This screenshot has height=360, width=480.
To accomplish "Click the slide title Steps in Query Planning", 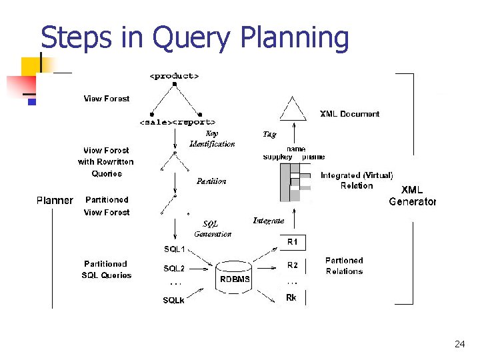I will tap(195, 38).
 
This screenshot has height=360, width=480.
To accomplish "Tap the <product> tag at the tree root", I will tap(174, 75).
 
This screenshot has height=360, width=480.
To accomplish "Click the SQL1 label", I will tap(175, 249).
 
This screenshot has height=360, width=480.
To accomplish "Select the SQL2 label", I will tap(174, 269).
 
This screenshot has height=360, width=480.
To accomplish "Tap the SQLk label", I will tap(174, 301).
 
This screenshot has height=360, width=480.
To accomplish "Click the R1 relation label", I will tap(293, 241).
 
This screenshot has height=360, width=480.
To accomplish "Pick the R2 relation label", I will tap(293, 265).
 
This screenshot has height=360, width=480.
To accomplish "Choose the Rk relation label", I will tap(291, 298).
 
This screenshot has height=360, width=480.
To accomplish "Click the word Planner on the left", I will tap(55, 200).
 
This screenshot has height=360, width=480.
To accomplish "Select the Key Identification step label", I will tap(212, 139).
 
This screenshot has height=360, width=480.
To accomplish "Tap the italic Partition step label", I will tap(211, 181).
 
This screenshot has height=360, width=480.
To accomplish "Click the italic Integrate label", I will tap(269, 221).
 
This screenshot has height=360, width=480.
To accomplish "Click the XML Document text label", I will tap(349, 114).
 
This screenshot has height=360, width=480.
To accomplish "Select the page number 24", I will tap(459, 344).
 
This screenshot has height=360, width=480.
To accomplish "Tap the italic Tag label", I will tap(269, 135).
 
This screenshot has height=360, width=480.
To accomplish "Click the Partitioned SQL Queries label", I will tap(106, 269).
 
